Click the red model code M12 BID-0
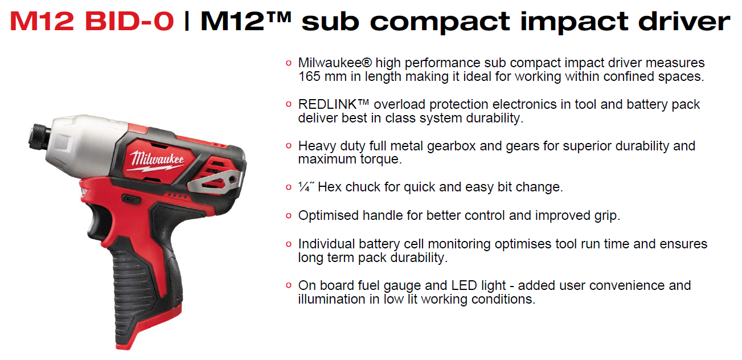(x=92, y=21)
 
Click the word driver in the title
(x=684, y=21)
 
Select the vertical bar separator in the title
(x=187, y=21)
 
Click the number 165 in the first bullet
(x=309, y=76)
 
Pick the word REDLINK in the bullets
(x=327, y=104)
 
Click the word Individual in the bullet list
(x=326, y=244)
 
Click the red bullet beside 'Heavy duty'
(x=289, y=145)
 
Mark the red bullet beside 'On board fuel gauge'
(x=289, y=285)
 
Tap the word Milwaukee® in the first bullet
(x=335, y=63)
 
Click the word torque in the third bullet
(x=381, y=159)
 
